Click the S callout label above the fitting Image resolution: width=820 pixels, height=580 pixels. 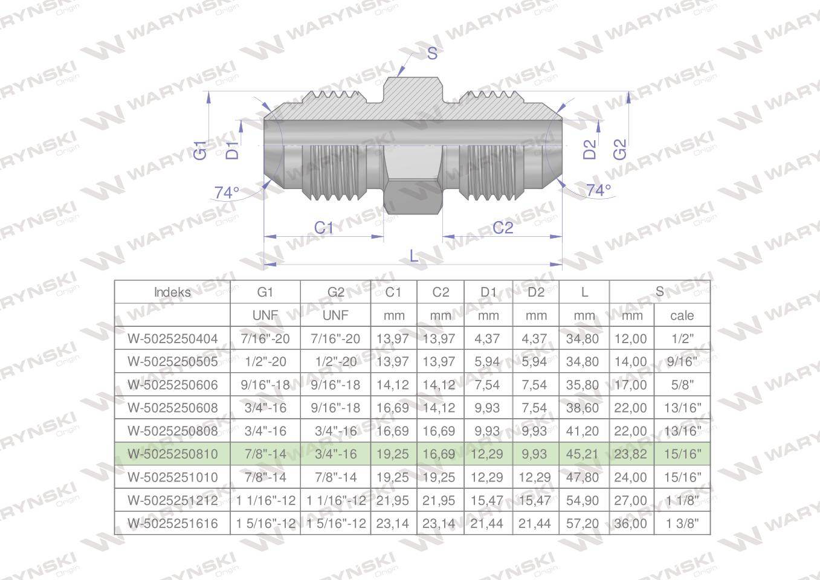click(431, 54)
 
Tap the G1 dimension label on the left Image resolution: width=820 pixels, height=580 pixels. click(201, 150)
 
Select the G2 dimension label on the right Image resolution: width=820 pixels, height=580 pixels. click(620, 149)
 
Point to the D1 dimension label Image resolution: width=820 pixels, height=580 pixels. click(232, 150)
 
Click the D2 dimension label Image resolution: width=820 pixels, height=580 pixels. click(590, 149)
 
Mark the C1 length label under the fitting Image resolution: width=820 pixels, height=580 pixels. click(324, 228)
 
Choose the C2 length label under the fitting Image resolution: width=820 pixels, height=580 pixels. click(502, 228)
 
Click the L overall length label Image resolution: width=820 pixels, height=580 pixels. click(414, 256)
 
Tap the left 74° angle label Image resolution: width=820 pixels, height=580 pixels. click(227, 193)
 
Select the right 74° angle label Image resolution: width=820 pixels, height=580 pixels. click(598, 190)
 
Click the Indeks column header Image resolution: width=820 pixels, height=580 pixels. click(172, 292)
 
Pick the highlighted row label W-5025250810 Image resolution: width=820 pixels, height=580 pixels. click(172, 454)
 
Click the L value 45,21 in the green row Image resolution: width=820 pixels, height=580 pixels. click(583, 454)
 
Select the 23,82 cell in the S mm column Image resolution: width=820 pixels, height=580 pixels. click(630, 454)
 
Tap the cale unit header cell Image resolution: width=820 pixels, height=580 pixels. click(682, 315)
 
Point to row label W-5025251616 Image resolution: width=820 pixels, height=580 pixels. click(172, 523)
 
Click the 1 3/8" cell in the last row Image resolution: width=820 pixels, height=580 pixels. click(682, 523)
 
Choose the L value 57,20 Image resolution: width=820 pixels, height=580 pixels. click(583, 523)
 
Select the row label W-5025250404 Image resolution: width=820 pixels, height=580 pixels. click(172, 338)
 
